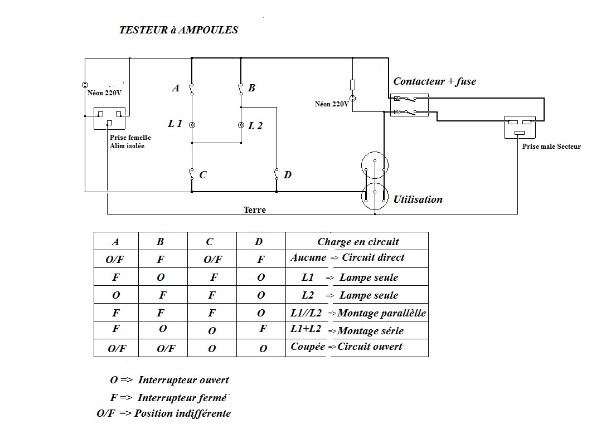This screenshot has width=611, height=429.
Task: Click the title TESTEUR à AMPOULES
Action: tap(178, 30)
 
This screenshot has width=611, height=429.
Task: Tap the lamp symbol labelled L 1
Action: tap(192, 125)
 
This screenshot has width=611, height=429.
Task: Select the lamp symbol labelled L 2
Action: tap(241, 125)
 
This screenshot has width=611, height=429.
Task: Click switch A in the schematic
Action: tap(191, 89)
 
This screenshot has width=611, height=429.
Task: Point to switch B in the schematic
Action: tap(240, 89)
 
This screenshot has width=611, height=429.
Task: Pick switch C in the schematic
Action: tap(191, 174)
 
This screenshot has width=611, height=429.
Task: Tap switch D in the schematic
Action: tap(276, 174)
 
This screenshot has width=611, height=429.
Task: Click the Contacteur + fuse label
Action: tap(434, 81)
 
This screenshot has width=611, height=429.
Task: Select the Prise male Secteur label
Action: tap(551, 147)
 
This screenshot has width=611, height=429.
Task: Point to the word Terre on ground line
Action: tap(255, 210)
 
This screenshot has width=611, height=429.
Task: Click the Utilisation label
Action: tap(418, 199)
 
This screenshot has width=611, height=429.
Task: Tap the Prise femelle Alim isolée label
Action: tap(130, 142)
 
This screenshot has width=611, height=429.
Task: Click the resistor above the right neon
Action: tap(352, 85)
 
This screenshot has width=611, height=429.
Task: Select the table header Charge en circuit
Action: tap(358, 242)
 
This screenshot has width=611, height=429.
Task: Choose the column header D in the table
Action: tap(259, 242)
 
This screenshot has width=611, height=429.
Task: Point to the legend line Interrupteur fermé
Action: tap(168, 397)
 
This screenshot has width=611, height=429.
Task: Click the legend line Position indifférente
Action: tap(164, 413)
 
